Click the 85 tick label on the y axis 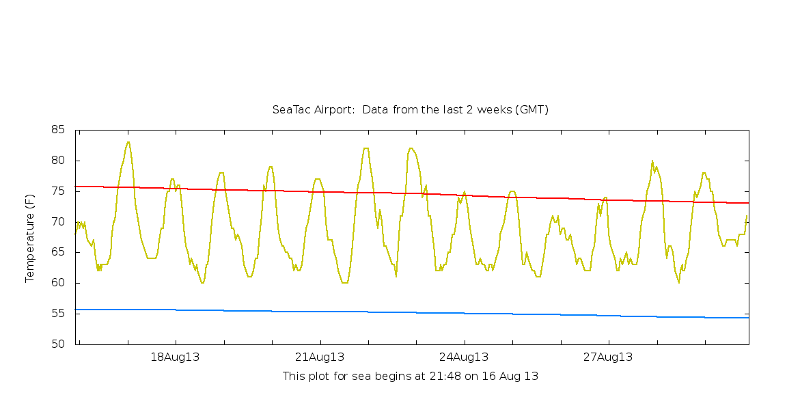58,130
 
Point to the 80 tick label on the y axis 58,161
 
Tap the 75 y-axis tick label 58,191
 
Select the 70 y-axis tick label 58,221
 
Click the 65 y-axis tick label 58,252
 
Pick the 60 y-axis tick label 58,283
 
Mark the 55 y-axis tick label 58,314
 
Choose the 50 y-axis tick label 58,344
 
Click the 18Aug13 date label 175,357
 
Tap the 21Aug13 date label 320,357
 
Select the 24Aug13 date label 464,357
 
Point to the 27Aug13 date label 608,357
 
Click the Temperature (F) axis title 30,238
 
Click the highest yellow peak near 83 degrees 128,142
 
